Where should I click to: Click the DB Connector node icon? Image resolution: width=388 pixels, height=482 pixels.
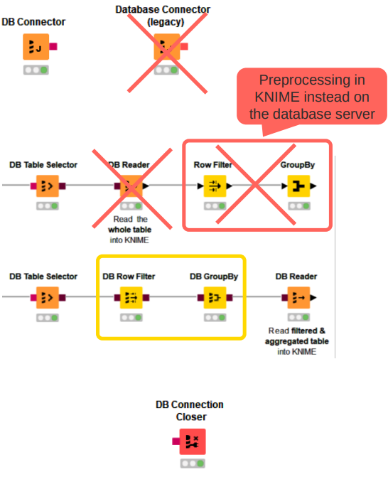[33, 48]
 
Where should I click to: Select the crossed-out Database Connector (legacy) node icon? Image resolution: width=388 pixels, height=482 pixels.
[166, 48]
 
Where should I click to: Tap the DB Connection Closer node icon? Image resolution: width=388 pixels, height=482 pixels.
[191, 441]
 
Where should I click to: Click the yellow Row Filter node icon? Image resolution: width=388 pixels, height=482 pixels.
[214, 186]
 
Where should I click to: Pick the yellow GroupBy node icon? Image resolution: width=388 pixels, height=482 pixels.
[298, 186]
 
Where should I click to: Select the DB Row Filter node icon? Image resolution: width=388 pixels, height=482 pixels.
[130, 297]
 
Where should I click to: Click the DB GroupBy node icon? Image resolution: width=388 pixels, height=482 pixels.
[214, 297]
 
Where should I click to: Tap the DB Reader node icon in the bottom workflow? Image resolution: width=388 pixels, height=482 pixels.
[298, 297]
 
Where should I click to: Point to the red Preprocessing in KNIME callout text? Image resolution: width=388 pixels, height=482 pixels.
[312, 97]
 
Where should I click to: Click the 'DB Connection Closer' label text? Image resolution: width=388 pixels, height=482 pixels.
[190, 410]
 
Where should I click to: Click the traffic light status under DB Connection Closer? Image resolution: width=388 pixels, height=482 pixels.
[191, 464]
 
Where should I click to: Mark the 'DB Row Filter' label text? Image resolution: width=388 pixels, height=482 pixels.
[129, 276]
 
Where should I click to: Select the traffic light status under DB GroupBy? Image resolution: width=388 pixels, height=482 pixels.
[214, 317]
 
